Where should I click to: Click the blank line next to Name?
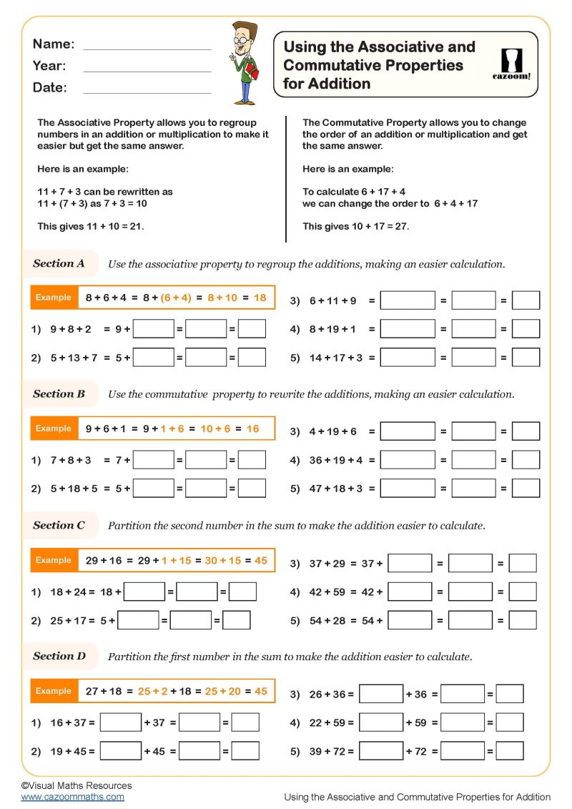pos(147,48)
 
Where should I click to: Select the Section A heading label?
pos(59,264)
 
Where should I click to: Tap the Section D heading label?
pos(59,656)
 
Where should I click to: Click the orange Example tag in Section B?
pos(54,428)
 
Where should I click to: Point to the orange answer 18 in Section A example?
pos(260,298)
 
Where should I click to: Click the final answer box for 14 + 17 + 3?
pos(526,358)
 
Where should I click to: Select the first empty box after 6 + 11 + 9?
pos(407,300)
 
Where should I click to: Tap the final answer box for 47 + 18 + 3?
pos(526,489)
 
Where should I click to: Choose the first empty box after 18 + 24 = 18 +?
pos(144,592)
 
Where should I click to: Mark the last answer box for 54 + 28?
pos(523,620)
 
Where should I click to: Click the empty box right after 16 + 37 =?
pos(120,722)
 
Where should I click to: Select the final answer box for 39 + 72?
pos(510,751)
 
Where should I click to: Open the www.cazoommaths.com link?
pos(72,797)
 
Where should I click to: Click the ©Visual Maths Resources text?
pos(77,785)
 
